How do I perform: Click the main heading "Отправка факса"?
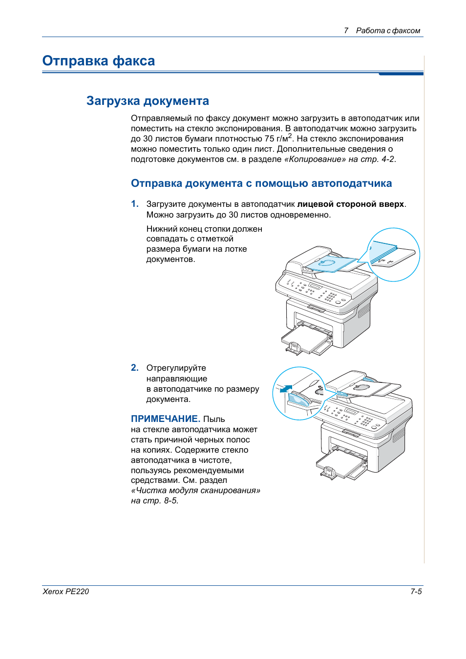(x=98, y=61)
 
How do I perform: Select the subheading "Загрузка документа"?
(x=148, y=101)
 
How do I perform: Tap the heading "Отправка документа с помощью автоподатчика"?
(x=261, y=183)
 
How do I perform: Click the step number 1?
(x=134, y=204)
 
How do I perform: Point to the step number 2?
(x=134, y=368)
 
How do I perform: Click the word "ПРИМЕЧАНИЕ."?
(x=165, y=419)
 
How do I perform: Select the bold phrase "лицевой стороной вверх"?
(x=350, y=204)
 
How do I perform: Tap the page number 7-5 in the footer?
(x=416, y=591)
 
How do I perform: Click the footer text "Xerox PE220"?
(x=65, y=591)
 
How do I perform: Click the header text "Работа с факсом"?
(x=388, y=31)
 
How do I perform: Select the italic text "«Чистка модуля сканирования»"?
(x=195, y=490)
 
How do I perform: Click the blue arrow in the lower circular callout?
(x=286, y=389)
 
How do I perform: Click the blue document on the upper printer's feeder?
(x=327, y=264)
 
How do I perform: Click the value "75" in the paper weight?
(x=269, y=139)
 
